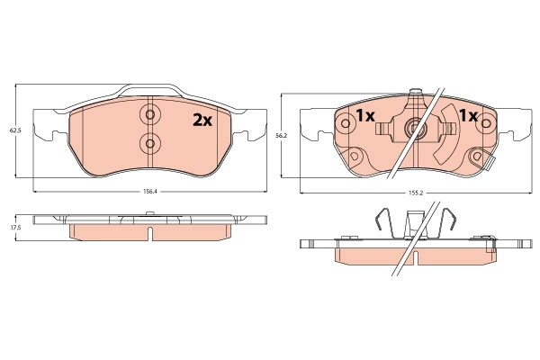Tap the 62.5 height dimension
(14, 130)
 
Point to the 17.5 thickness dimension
(14, 228)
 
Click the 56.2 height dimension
(280, 135)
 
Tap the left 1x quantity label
(364, 116)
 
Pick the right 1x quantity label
(468, 116)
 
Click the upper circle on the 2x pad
(149, 115)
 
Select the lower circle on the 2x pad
(149, 142)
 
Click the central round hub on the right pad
(415, 129)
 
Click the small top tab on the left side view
(149, 213)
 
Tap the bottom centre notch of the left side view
(149, 234)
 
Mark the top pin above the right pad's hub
(415, 94)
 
